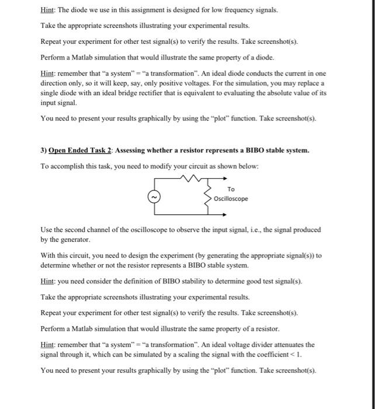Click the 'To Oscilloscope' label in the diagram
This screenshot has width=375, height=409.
coord(231,194)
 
